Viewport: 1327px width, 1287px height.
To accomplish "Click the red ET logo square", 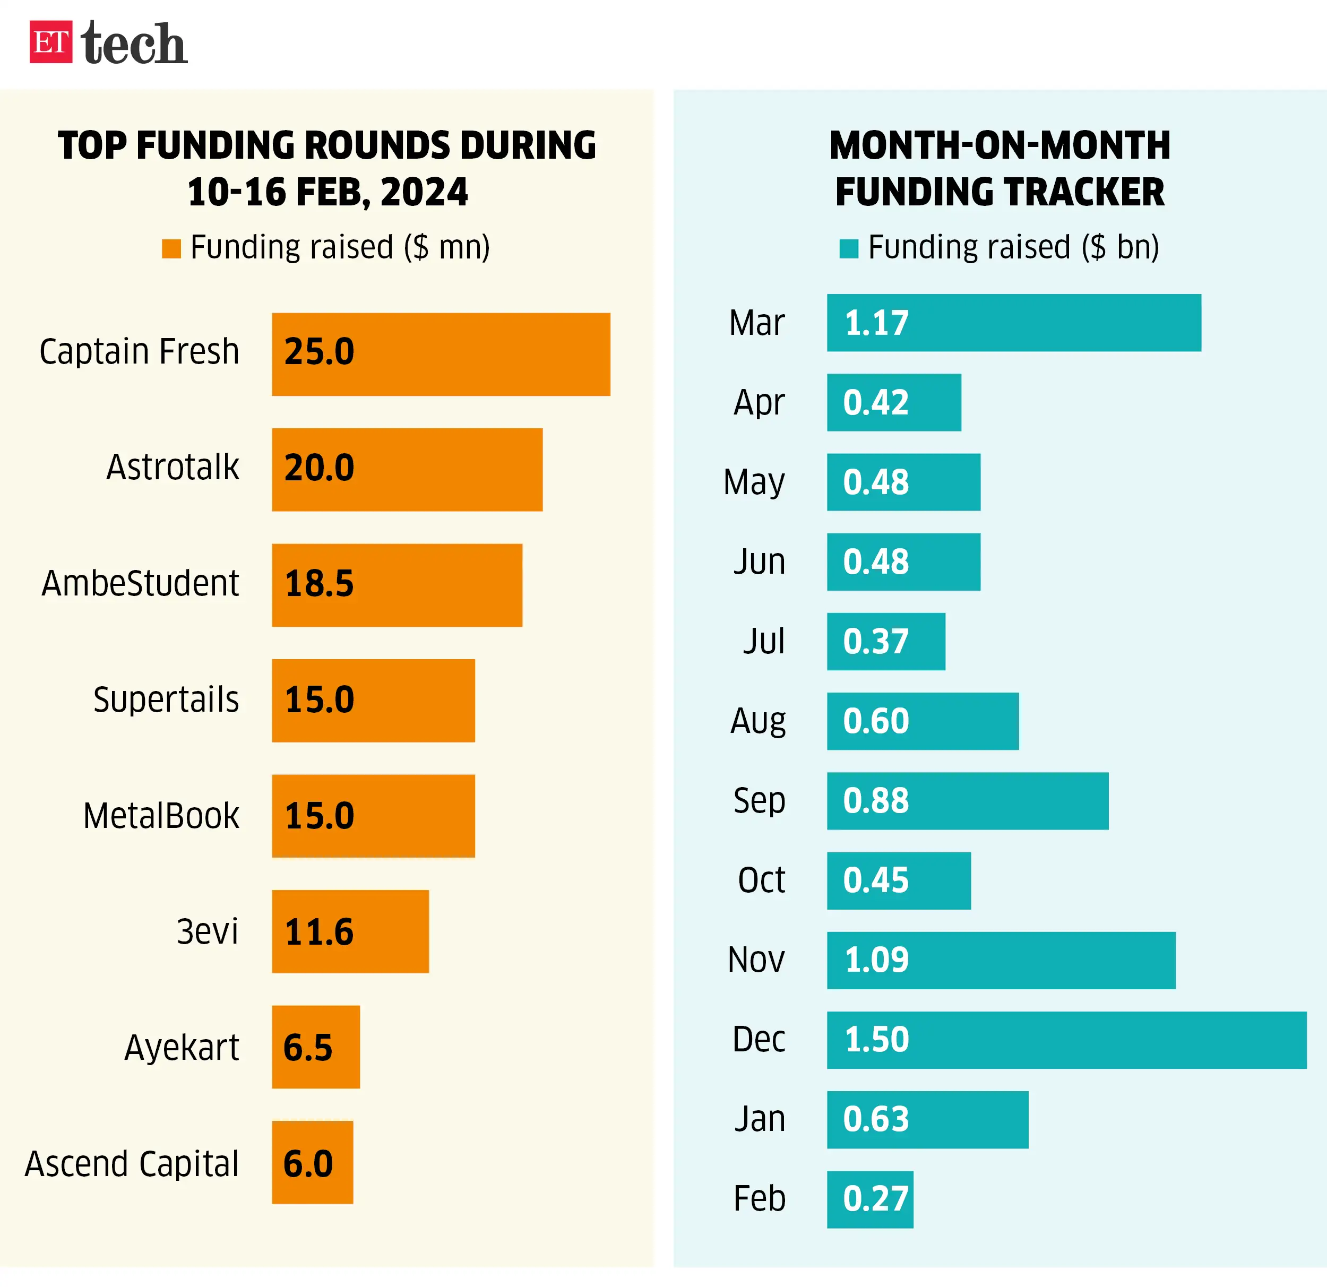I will click(x=51, y=42).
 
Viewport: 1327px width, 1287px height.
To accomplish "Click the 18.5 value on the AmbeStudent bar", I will click(x=319, y=584).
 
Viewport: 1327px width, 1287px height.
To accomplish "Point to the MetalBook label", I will click(x=161, y=815).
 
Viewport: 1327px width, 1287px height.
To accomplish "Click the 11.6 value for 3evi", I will click(x=319, y=931).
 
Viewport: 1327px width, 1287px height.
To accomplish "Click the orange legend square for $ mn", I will click(x=171, y=248).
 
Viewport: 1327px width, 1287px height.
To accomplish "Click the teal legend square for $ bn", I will click(x=848, y=248).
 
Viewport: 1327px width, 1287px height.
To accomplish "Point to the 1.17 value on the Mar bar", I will click(x=876, y=323).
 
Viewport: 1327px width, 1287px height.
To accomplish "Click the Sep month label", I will click(x=759, y=800).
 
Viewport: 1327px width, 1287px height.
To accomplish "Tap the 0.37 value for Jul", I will click(x=875, y=641).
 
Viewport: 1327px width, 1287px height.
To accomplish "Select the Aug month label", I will click(x=757, y=721).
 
